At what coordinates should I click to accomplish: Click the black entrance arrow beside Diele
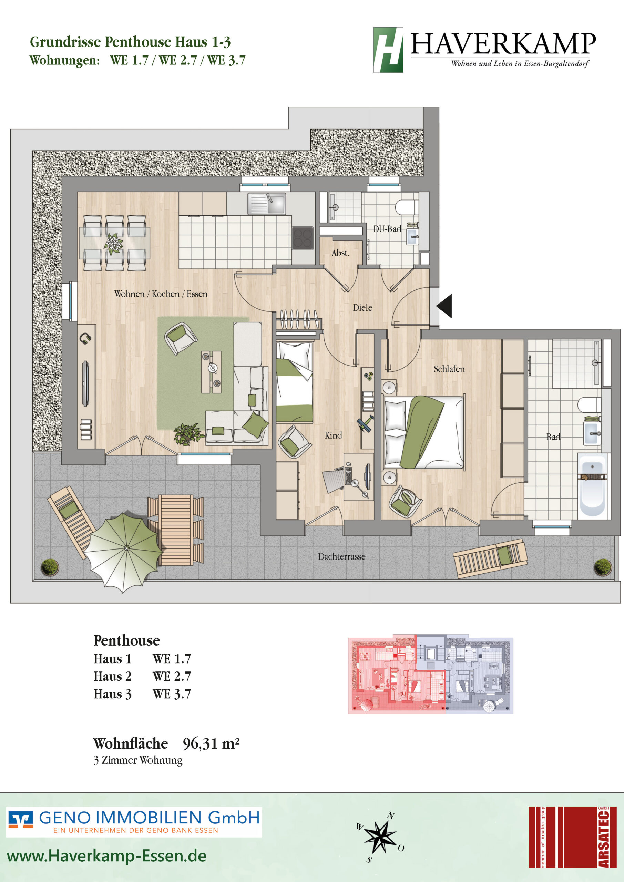point(444,306)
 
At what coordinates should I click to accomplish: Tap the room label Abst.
point(340,253)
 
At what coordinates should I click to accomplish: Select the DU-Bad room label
point(387,229)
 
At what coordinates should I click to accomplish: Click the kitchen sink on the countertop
point(267,204)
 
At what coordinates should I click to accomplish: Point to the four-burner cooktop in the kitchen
point(303,238)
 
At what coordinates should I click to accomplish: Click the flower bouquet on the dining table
point(113,244)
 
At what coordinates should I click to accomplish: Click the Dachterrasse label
point(341,557)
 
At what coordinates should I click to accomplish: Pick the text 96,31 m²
point(211,744)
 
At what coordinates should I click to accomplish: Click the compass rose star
point(380,837)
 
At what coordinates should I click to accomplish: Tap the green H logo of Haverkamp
point(388,50)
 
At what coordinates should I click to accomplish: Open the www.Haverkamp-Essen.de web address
point(106,856)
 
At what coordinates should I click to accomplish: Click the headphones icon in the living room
point(85,338)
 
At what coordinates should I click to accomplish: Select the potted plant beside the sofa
point(188,434)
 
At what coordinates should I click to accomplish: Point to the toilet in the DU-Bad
point(407,207)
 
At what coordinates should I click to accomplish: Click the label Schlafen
point(449,369)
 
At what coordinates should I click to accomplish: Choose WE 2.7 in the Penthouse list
point(172,676)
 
